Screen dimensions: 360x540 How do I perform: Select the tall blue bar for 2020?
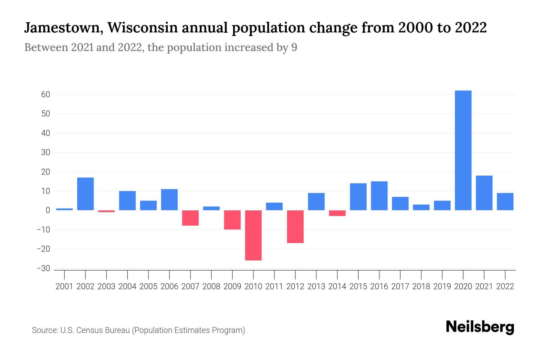463,150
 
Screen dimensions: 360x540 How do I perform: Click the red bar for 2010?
253,235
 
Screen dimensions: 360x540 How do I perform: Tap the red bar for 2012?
295,226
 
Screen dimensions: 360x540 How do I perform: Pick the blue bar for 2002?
85,194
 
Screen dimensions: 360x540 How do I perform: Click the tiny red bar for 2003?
106,211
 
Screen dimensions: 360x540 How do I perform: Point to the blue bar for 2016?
379,196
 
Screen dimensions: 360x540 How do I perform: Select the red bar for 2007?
190,218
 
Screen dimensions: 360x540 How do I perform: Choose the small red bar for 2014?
337,213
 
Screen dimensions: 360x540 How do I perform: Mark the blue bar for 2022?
505,201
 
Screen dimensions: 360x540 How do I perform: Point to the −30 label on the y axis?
43,268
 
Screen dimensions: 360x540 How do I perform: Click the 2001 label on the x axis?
64,286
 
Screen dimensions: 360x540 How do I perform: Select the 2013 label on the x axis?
316,286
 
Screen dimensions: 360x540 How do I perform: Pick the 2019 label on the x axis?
442,286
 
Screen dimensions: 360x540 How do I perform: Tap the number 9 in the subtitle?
294,48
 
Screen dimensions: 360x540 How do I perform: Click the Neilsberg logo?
480,327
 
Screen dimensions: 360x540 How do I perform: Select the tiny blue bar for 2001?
64,209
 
